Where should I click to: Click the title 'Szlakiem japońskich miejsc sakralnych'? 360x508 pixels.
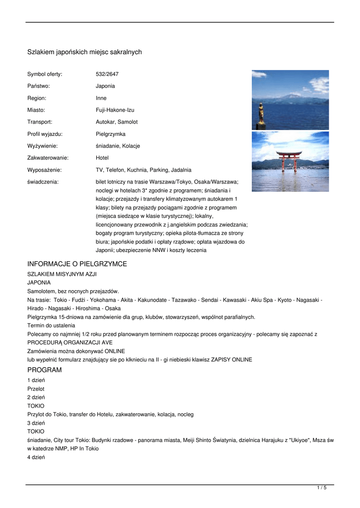coord(84,52)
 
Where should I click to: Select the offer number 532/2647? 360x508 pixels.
coord(107,74)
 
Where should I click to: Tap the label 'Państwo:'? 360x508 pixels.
coord(39,86)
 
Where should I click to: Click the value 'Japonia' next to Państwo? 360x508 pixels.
coord(105,86)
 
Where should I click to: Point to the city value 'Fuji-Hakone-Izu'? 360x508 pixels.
coord(115,110)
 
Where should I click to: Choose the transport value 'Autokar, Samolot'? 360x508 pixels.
coord(117,122)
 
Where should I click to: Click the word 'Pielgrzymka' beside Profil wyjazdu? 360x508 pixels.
coord(111,134)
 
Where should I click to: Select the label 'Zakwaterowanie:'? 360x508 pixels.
coord(48,158)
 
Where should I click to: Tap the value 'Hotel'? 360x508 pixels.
coord(102,158)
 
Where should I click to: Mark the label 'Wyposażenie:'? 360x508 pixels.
coord(44,170)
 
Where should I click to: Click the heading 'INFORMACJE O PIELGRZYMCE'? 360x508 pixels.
coord(77,264)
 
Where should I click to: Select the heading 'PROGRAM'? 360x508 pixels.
coord(45,370)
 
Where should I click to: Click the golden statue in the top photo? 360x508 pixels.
coord(260,114)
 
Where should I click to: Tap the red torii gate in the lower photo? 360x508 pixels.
coord(289,162)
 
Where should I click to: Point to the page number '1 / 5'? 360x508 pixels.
coord(322,488)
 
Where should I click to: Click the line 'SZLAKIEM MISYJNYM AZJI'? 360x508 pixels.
coord(62,274)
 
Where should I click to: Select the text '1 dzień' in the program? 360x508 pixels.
coord(36,380)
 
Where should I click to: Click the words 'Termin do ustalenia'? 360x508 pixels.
coord(51,325)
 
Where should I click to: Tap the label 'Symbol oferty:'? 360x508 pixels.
coord(45,74)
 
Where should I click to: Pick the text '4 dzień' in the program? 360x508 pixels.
coord(36,457)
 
